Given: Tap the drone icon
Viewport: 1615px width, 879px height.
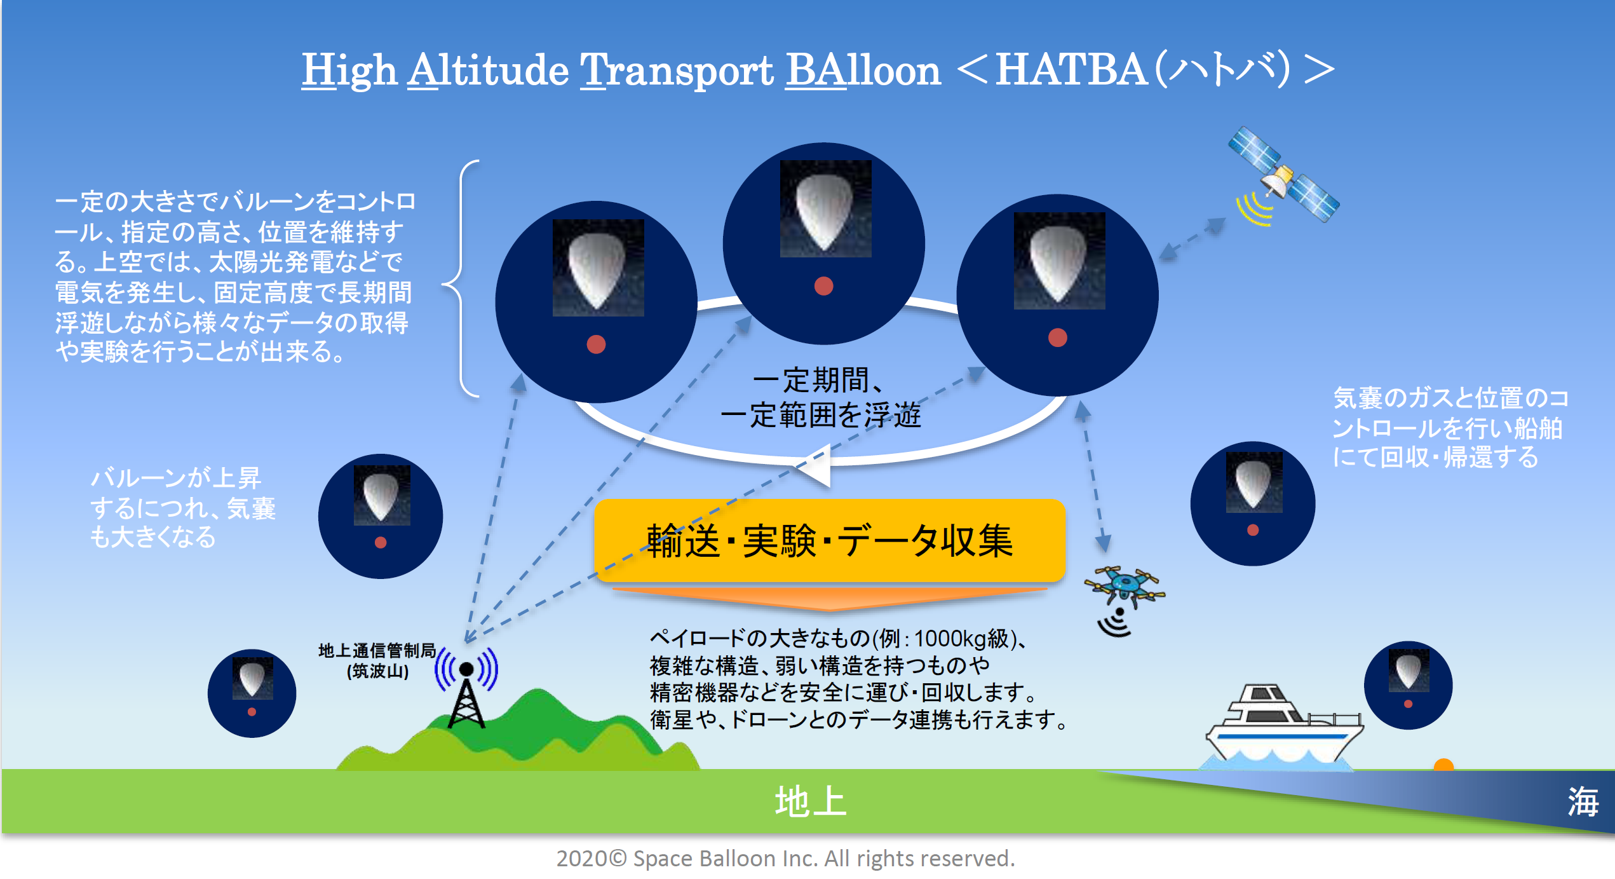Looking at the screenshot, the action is point(1125,584).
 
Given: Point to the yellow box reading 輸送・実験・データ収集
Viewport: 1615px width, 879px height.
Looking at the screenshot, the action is point(829,541).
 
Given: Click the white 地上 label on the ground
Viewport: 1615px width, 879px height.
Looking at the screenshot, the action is point(811,801).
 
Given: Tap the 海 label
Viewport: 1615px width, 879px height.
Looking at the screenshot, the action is point(1583,801).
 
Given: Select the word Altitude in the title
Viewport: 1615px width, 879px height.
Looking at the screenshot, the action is point(488,70).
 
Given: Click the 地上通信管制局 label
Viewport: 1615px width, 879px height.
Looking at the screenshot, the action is point(377,650).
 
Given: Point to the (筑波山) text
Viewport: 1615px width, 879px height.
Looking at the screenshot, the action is point(377,671).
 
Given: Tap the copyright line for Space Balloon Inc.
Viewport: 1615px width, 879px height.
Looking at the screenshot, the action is point(785,859).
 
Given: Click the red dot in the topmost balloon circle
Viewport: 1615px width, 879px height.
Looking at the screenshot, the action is point(823,286).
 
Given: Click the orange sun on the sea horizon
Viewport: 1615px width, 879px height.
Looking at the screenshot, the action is point(1443,765).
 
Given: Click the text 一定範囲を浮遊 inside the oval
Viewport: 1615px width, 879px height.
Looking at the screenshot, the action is point(820,416).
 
